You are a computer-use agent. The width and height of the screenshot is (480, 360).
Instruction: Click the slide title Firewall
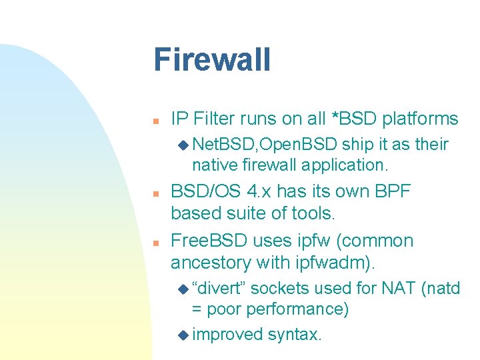(212, 59)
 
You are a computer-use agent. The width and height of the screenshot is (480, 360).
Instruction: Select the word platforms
(419, 119)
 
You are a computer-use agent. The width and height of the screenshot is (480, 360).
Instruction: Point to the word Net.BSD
(221, 145)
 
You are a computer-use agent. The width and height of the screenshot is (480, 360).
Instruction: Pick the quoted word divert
(219, 288)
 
